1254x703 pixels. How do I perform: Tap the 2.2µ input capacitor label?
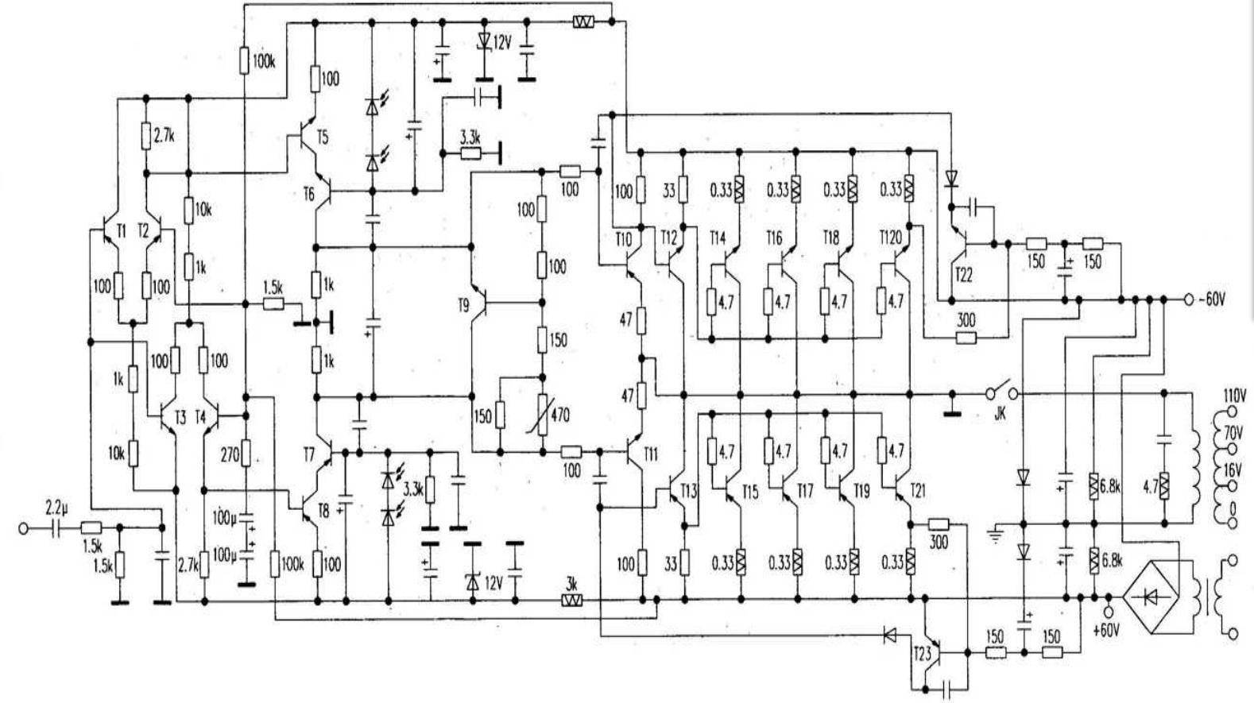pyautogui.click(x=56, y=506)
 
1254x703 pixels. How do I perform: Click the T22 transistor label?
pyautogui.click(x=963, y=274)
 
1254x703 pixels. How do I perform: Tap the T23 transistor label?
pyautogui.click(x=922, y=654)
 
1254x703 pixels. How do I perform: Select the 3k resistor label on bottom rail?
pyautogui.click(x=571, y=584)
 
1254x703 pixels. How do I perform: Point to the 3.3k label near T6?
pyautogui.click(x=470, y=137)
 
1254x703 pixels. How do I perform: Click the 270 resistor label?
pyautogui.click(x=229, y=455)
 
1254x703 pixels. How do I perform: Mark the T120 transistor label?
pyautogui.click(x=890, y=238)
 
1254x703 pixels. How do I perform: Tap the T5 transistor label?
pyautogui.click(x=322, y=137)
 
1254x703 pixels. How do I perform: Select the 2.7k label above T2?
pyautogui.click(x=164, y=136)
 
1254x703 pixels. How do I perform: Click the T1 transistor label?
pyautogui.click(x=121, y=230)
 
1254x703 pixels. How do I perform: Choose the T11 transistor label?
pyautogui.click(x=651, y=454)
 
